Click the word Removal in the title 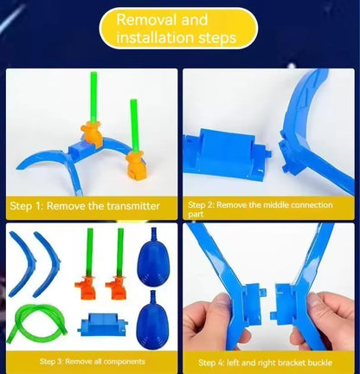click(x=146, y=20)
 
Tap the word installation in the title click(x=155, y=37)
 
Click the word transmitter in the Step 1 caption click(x=133, y=206)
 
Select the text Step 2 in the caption click(x=201, y=205)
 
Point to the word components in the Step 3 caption click(x=124, y=362)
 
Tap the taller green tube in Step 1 click(x=93, y=97)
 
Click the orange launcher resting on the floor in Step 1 click(x=136, y=166)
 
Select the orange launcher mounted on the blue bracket click(x=92, y=134)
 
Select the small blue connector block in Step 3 click(x=103, y=325)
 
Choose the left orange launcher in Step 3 click(x=87, y=287)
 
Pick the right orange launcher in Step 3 click(x=117, y=287)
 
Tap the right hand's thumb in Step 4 click(x=316, y=301)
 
